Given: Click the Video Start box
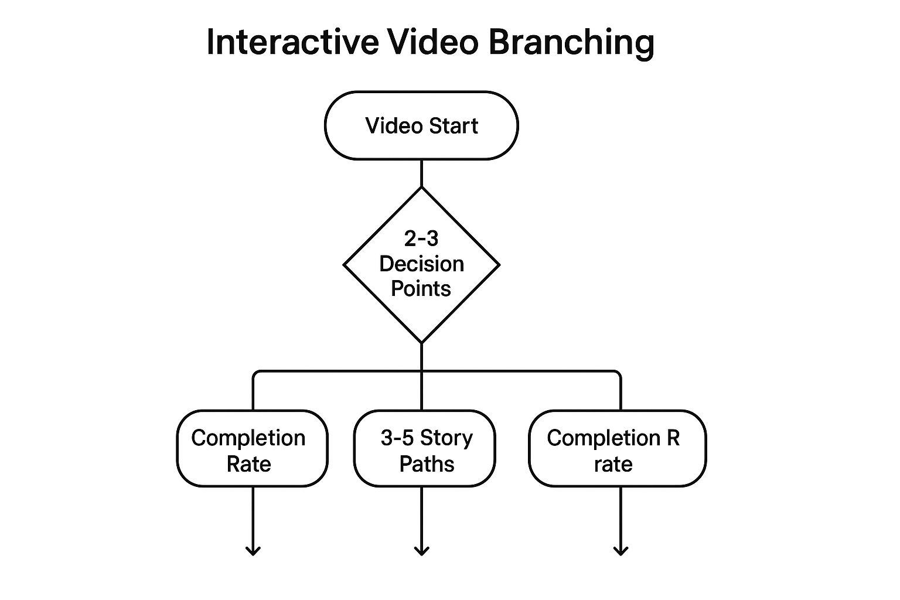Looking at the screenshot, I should click(421, 125).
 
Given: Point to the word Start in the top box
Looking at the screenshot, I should click(453, 126).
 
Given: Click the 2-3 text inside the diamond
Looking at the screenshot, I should click(421, 238).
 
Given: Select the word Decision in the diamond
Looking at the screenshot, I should click(421, 264).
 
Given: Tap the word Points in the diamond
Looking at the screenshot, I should click(421, 289).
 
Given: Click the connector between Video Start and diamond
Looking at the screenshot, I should click(421, 173).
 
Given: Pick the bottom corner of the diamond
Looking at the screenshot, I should click(421, 342).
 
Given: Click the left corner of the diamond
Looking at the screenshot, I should click(345, 265).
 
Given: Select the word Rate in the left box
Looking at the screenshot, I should click(248, 464).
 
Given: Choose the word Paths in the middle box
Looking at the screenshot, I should click(427, 464).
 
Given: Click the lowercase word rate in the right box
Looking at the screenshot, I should click(613, 464).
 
